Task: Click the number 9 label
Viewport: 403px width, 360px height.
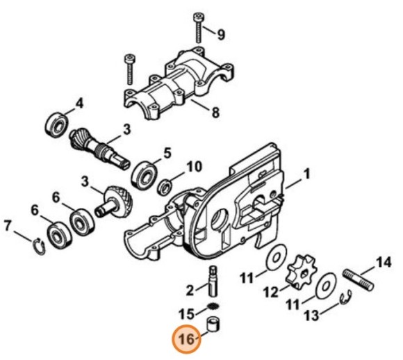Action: (221, 34)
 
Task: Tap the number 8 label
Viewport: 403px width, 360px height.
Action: (215, 111)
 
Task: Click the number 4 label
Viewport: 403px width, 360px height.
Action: (80, 104)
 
